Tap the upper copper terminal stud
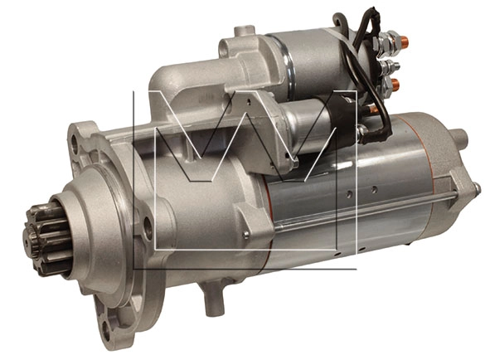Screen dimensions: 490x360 404,41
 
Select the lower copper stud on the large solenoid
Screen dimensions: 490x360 395,83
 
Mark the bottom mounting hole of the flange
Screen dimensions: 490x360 107,330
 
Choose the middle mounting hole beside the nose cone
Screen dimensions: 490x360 148,228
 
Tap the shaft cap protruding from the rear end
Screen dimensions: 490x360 460,138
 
